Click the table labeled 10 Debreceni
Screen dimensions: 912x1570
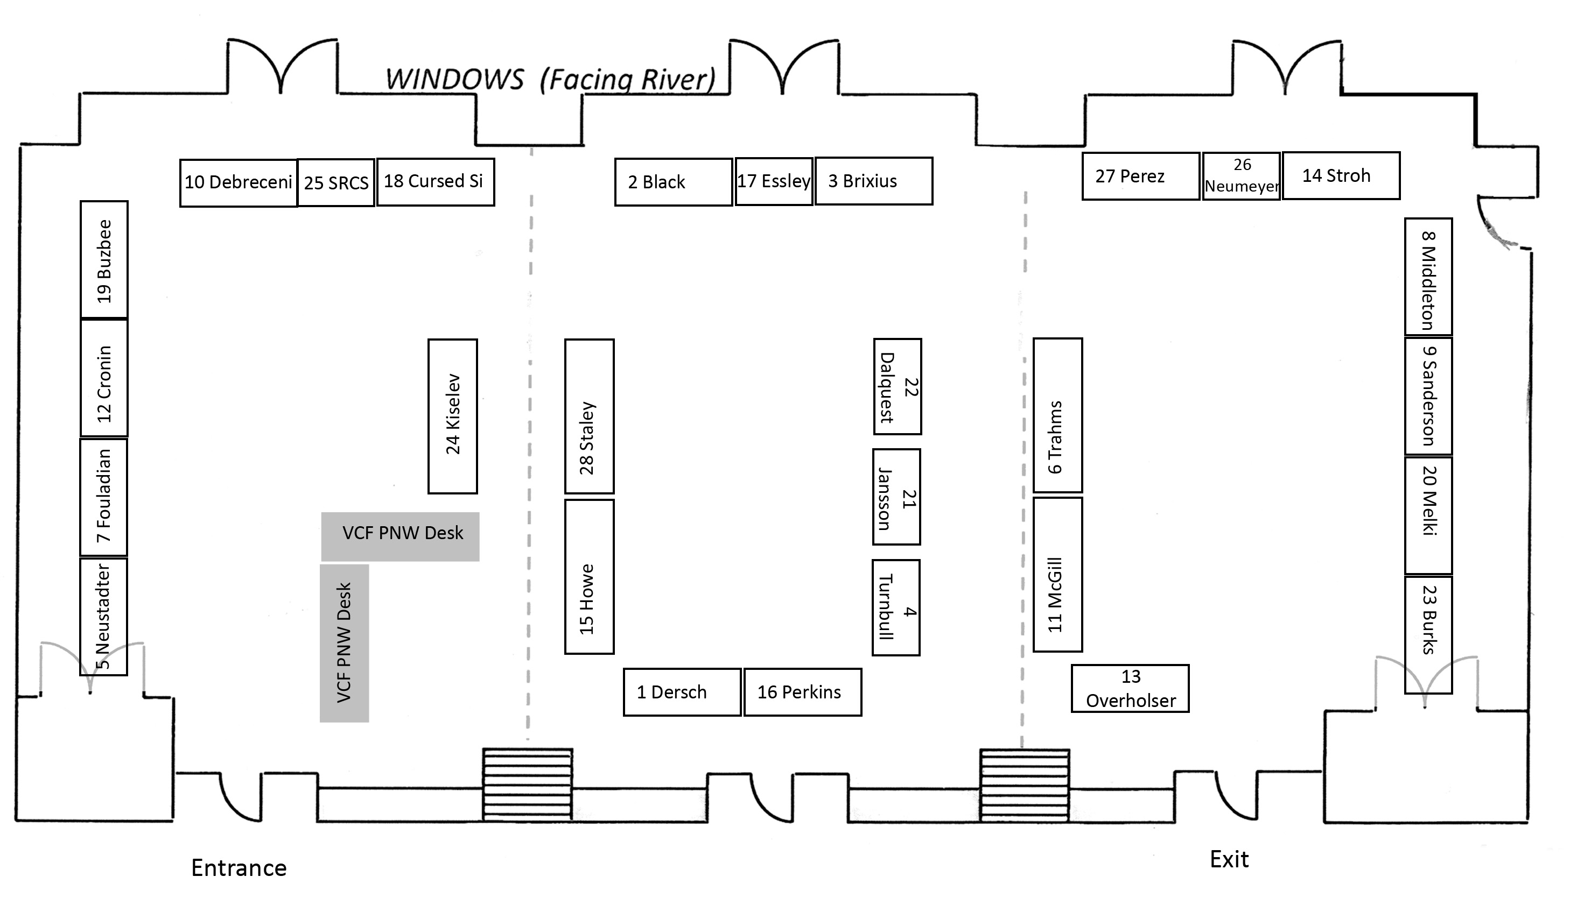(x=238, y=182)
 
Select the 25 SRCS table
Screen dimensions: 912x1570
(x=336, y=182)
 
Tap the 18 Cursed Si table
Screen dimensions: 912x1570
(x=435, y=181)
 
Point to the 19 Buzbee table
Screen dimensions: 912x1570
(x=104, y=259)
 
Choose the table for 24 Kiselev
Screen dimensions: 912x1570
(x=452, y=416)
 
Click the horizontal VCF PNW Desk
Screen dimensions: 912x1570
(x=400, y=536)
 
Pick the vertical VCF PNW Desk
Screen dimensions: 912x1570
(x=344, y=642)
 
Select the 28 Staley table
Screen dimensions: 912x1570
(x=589, y=416)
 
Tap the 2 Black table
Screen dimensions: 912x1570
(x=673, y=182)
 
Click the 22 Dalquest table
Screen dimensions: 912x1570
(x=897, y=386)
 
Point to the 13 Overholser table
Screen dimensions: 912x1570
(x=1130, y=688)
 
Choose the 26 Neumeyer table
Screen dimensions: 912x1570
(x=1241, y=175)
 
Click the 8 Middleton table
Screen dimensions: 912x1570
(x=1428, y=277)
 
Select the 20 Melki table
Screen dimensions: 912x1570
(x=1428, y=515)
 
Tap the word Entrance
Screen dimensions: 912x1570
(x=239, y=868)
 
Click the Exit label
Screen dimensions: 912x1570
(x=1229, y=859)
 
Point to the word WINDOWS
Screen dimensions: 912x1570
(x=455, y=80)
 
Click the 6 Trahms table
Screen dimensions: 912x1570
(x=1057, y=415)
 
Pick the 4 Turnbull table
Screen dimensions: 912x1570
(x=896, y=607)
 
